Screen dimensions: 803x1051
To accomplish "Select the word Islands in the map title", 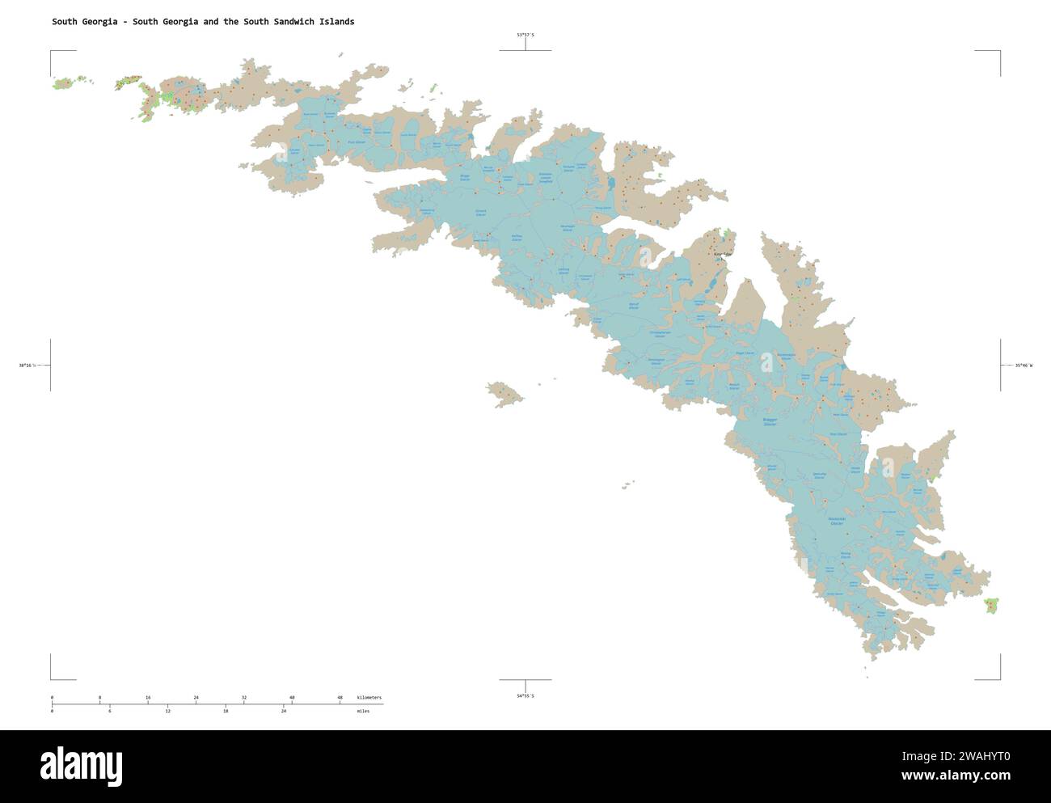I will (x=334, y=22).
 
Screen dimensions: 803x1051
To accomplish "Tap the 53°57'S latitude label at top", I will (x=525, y=35).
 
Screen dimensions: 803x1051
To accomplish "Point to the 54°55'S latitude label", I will (x=525, y=695).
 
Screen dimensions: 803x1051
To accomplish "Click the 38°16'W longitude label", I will (x=27, y=366).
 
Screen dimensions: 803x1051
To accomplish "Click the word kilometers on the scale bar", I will (x=369, y=697).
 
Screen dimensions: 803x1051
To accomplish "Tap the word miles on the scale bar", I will (x=363, y=711).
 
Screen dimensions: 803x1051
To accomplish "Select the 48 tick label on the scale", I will (x=340, y=697).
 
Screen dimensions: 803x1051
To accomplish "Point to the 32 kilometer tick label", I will (x=244, y=697).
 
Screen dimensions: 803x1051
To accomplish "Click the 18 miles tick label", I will (x=226, y=711).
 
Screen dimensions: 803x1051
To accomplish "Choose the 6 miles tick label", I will (x=110, y=711).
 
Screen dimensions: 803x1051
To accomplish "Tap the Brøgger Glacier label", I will (x=770, y=422).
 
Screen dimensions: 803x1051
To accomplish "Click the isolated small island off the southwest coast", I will (x=504, y=394).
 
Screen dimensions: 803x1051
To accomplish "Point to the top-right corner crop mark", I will (x=999, y=52).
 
